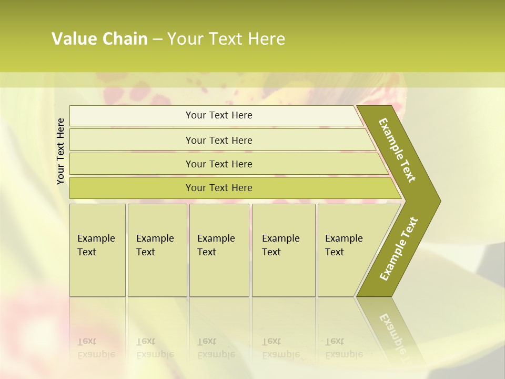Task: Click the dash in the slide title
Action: pyautogui.click(x=157, y=39)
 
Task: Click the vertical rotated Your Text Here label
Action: pyautogui.click(x=60, y=151)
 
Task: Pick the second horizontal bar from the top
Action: pyautogui.click(x=219, y=140)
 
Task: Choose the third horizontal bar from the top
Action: pyautogui.click(x=219, y=164)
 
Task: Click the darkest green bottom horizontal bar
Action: pyautogui.click(x=219, y=188)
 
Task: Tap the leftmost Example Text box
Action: pyautogui.click(x=97, y=250)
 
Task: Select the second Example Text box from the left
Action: pyautogui.click(x=157, y=250)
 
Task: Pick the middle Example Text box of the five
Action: pyautogui.click(x=219, y=250)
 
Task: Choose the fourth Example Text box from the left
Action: pyautogui.click(x=283, y=250)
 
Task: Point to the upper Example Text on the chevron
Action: pyautogui.click(x=397, y=150)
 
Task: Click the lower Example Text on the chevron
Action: pyautogui.click(x=398, y=248)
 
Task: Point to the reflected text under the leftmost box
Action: pyautogui.click(x=97, y=348)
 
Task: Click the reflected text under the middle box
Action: pyautogui.click(x=216, y=348)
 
